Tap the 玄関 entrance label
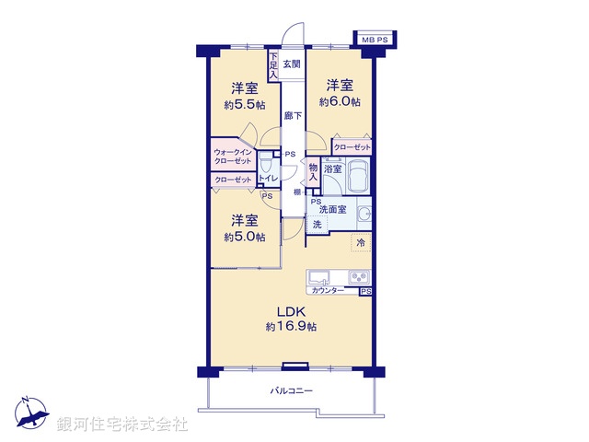291,64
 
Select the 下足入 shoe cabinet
273,64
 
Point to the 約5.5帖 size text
243,104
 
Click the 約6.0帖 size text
341,101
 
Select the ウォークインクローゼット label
238,157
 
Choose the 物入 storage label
314,171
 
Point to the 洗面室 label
334,210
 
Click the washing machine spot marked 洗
317,225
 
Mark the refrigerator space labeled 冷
361,243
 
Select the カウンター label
329,291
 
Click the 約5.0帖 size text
244,237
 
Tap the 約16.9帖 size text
291,327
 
